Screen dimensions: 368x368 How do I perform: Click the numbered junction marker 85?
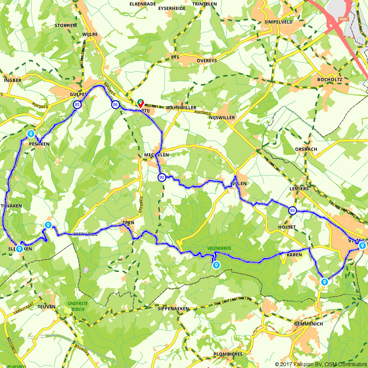click(77, 105)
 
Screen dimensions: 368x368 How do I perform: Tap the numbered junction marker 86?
click(116, 105)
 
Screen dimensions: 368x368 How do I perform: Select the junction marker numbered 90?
click(161, 178)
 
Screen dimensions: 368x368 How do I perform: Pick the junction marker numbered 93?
click(292, 210)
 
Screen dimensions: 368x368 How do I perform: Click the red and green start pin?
click(140, 103)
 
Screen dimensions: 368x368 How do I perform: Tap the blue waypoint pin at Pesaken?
click(31, 134)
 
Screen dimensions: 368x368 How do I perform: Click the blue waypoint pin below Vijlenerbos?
click(216, 265)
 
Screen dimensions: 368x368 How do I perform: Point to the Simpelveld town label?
click(279, 22)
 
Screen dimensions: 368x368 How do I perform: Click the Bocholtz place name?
click(329, 79)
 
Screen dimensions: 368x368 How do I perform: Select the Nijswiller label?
click(222, 118)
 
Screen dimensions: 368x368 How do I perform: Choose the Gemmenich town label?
click(309, 324)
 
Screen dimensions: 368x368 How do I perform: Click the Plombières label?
click(228, 354)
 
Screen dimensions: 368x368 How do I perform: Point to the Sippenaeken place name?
click(173, 308)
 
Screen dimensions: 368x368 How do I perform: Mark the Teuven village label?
click(46, 307)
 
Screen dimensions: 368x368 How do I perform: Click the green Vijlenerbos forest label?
click(219, 248)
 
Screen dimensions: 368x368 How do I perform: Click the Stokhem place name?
click(66, 25)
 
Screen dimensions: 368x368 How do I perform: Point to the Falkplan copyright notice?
click(321, 364)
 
